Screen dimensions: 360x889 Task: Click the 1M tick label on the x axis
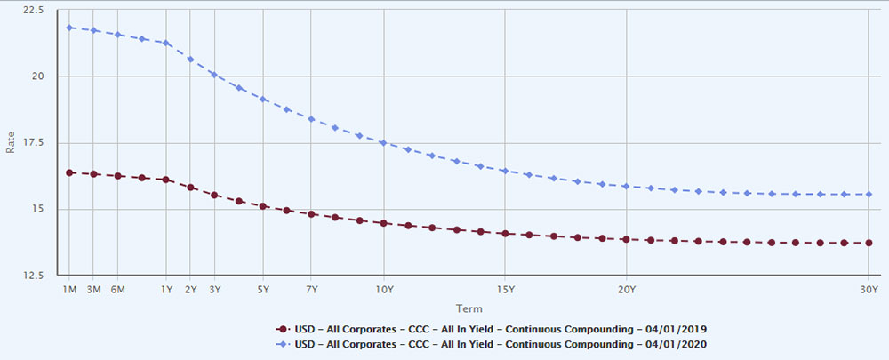pyautogui.click(x=69, y=290)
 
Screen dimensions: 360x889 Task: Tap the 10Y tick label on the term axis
pyautogui.click(x=384, y=290)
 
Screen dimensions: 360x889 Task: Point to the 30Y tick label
pyautogui.click(x=869, y=290)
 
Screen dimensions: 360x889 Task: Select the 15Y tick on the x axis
pyautogui.click(x=505, y=290)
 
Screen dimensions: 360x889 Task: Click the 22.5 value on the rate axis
pyautogui.click(x=34, y=10)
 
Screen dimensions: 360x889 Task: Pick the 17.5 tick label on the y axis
pyautogui.click(x=34, y=142)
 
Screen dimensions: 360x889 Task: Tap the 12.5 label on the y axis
pyautogui.click(x=34, y=275)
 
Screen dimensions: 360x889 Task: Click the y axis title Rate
pyautogui.click(x=11, y=142)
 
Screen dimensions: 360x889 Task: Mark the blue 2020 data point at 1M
pyautogui.click(x=69, y=28)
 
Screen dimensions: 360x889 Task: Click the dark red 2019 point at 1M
pyautogui.click(x=69, y=172)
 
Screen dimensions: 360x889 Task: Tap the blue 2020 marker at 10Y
pyautogui.click(x=384, y=142)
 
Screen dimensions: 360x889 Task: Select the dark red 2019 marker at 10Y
pyautogui.click(x=384, y=223)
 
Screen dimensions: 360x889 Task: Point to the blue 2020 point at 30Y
pyautogui.click(x=869, y=194)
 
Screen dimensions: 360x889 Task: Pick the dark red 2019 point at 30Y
pyautogui.click(x=869, y=243)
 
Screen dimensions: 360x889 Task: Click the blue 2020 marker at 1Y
pyautogui.click(x=166, y=43)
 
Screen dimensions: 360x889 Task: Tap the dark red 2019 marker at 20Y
pyautogui.click(x=626, y=239)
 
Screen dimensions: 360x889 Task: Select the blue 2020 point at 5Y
pyautogui.click(x=263, y=99)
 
